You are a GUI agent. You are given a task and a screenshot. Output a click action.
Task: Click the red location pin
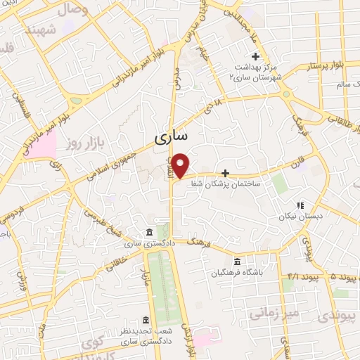[x=181, y=165]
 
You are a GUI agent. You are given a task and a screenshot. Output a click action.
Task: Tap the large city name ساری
[x=171, y=139]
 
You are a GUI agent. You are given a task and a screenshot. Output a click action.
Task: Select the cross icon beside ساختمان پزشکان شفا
[x=225, y=172]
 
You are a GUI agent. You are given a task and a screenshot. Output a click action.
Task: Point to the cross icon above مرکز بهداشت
[x=255, y=56]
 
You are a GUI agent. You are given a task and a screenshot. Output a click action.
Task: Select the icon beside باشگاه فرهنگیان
[x=236, y=261]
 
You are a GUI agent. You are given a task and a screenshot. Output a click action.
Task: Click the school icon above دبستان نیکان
[x=300, y=205]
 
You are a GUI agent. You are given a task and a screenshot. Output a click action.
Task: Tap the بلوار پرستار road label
[x=324, y=65]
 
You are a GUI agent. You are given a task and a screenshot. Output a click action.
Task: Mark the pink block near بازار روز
[x=44, y=145]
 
